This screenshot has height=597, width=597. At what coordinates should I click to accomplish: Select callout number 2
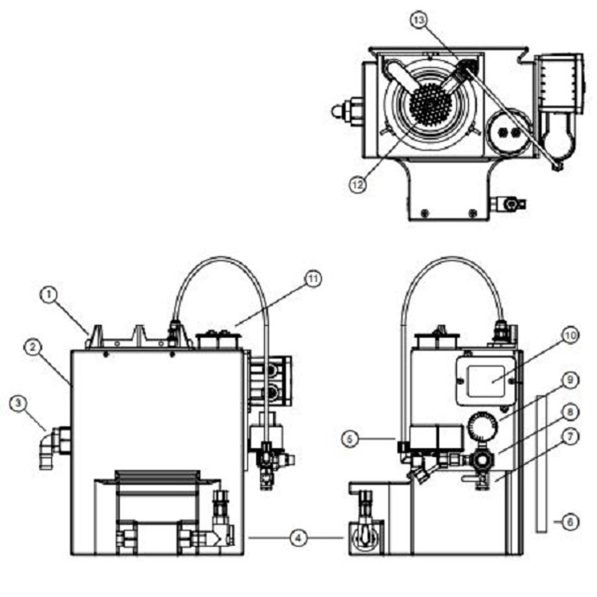point(33,347)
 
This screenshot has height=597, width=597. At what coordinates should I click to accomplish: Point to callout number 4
point(298,538)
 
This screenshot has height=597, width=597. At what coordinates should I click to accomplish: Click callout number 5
point(350,438)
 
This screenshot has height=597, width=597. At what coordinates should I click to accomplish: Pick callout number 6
point(570,522)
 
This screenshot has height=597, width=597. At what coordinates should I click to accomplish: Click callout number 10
point(570,336)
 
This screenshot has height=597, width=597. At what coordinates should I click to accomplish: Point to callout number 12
point(358,182)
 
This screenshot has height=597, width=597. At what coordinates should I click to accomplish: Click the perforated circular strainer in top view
point(431,105)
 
